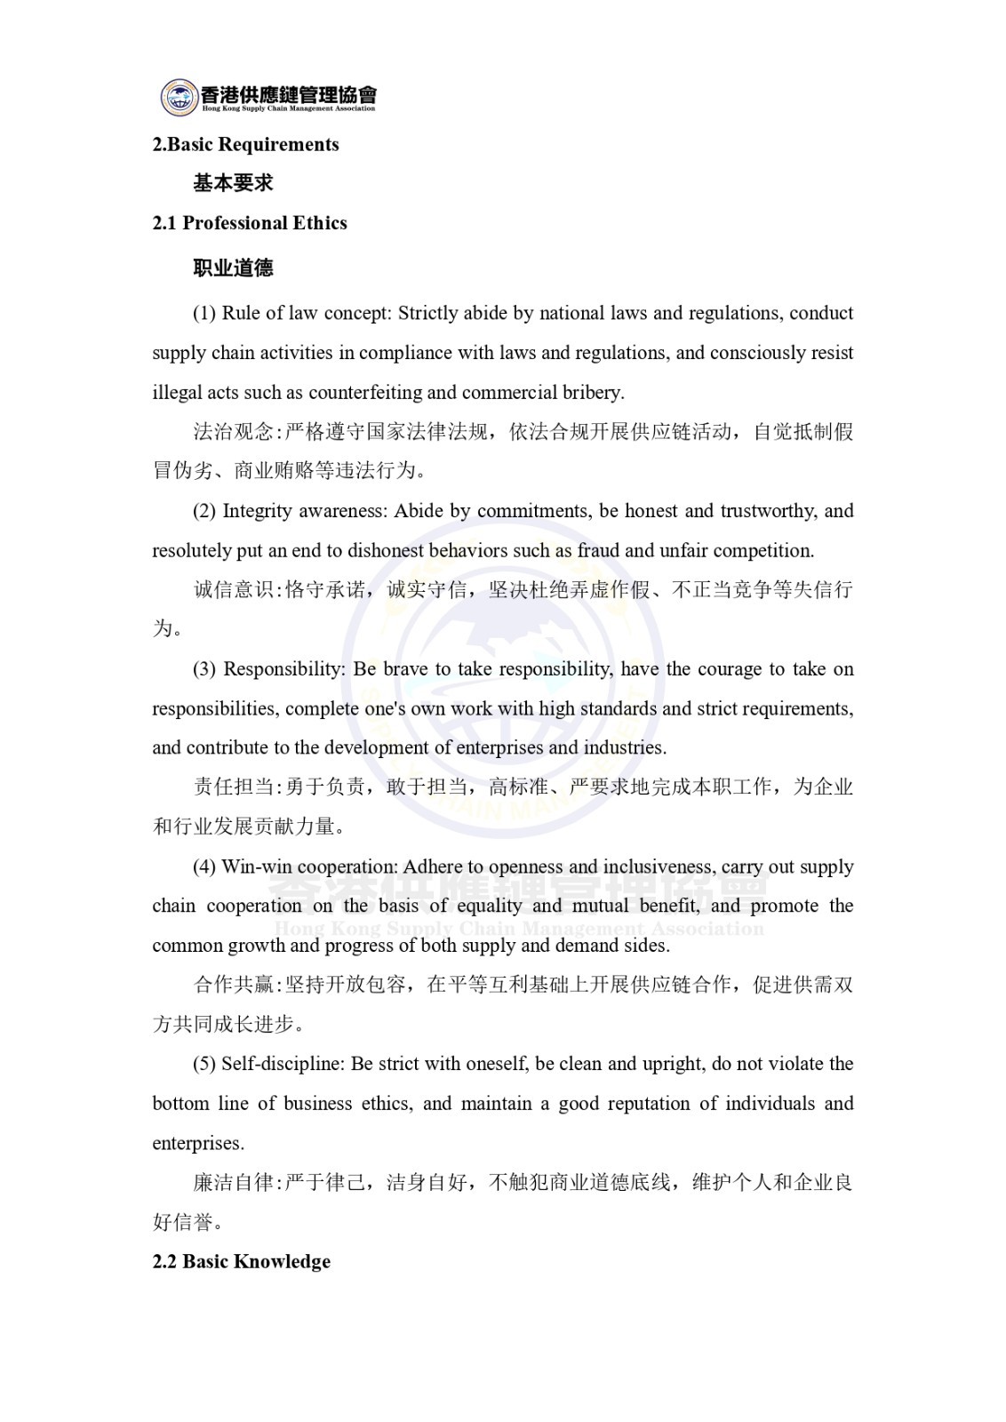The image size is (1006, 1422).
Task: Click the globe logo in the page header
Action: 179,97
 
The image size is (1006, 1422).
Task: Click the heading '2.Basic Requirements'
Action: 245,145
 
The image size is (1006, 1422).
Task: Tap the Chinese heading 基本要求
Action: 233,183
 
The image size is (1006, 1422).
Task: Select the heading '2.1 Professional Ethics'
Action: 250,223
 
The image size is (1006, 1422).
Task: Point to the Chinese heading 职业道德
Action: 233,268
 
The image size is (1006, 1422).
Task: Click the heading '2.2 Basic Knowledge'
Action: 241,1262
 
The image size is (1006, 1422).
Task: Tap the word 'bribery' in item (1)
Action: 593,393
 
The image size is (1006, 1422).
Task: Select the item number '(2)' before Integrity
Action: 204,511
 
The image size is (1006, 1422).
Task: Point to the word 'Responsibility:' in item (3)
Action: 284,669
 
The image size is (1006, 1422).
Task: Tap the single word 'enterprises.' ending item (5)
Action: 197,1144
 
